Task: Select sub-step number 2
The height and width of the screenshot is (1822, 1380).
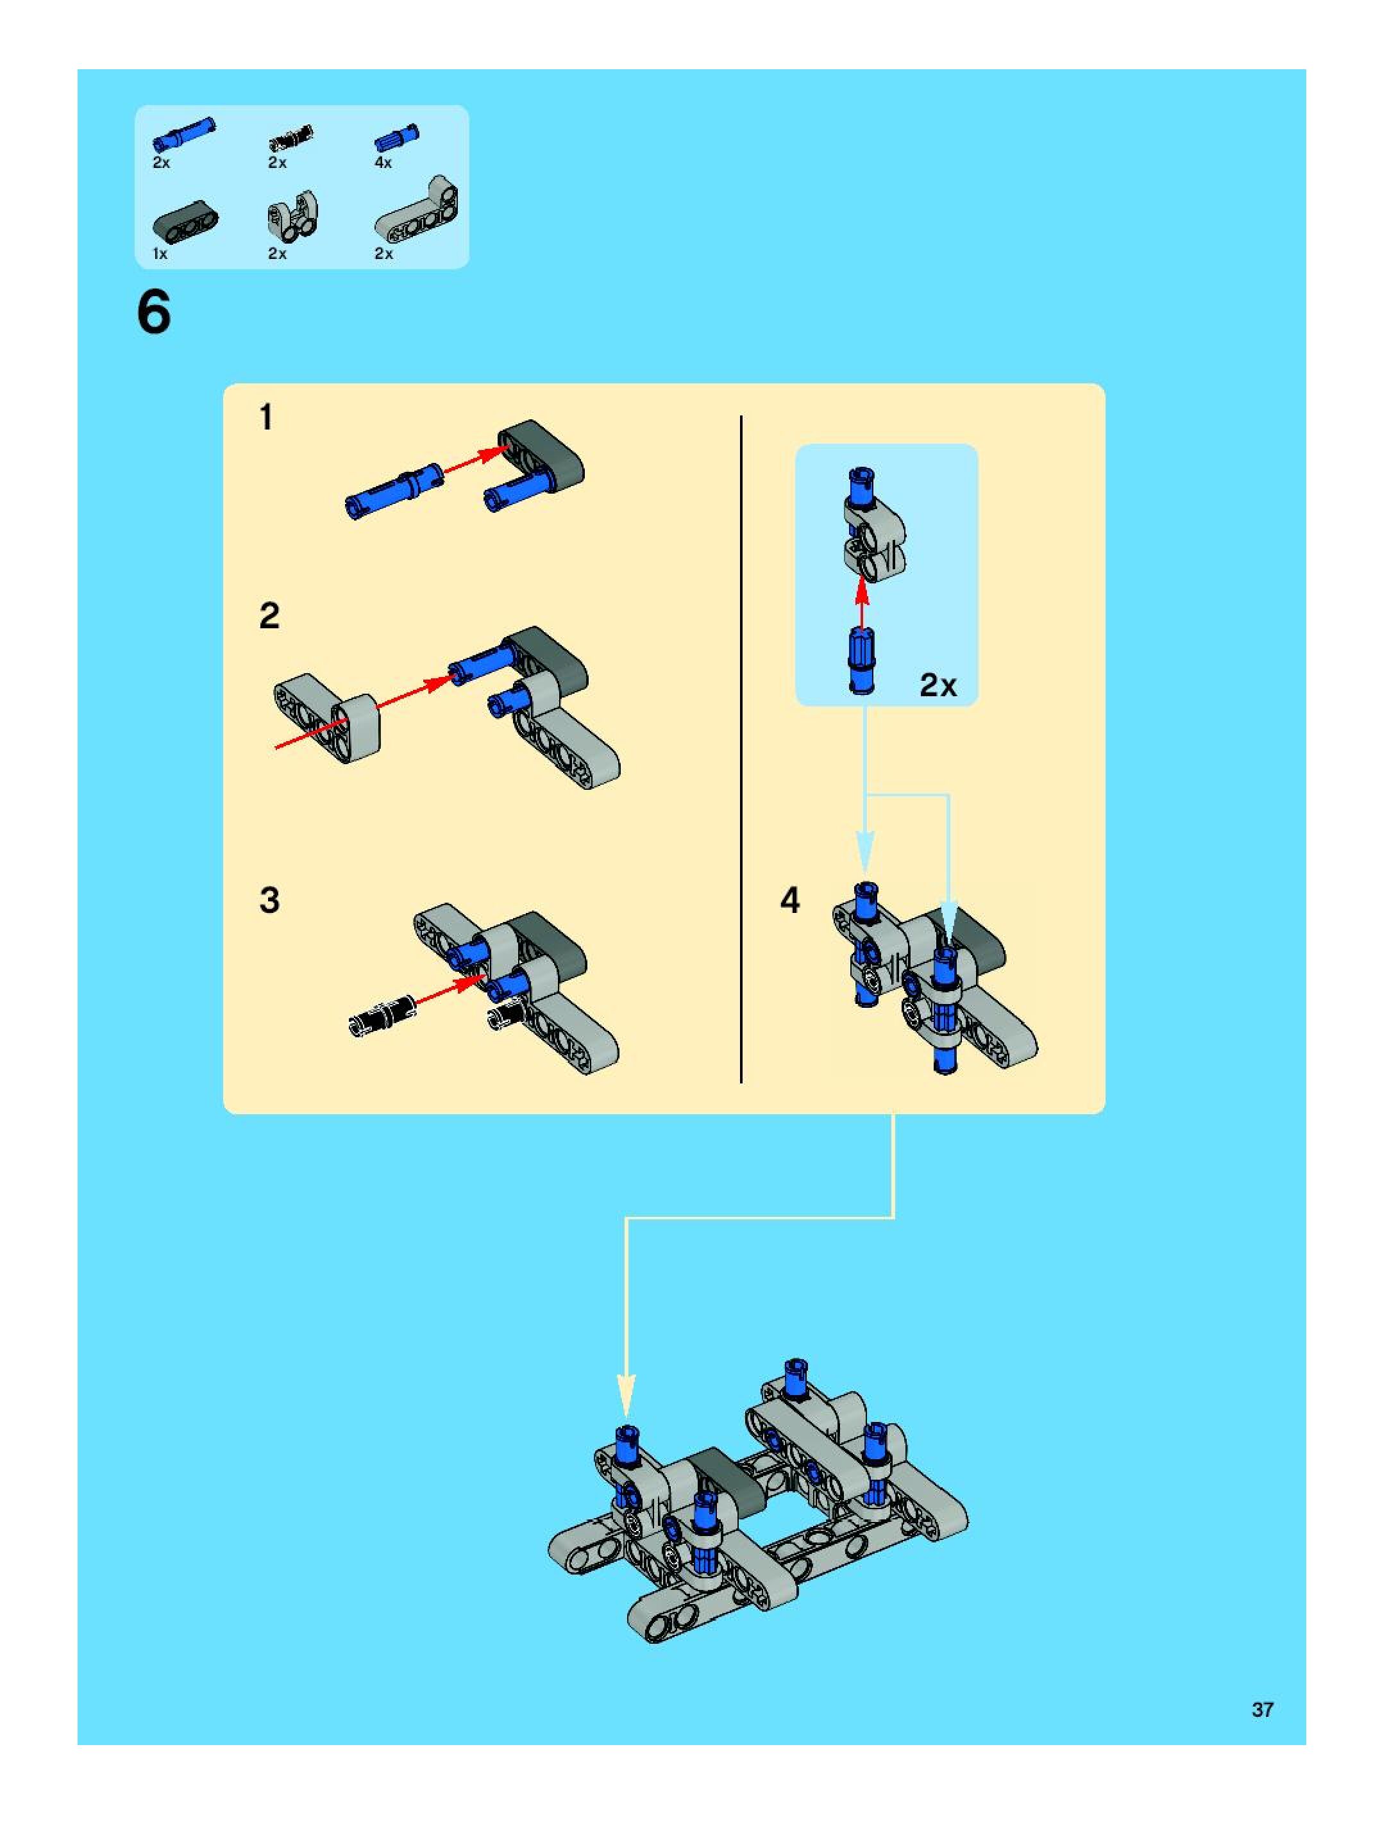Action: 269,616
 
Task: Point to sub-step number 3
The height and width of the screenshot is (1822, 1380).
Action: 269,900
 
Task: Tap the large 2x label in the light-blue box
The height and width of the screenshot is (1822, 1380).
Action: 938,685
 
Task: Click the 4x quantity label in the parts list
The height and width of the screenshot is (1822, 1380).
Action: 383,162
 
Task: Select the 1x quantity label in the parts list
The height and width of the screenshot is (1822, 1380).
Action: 160,254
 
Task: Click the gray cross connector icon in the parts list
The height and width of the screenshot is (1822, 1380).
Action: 293,216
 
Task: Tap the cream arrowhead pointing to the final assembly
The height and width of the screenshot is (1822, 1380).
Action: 627,1394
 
